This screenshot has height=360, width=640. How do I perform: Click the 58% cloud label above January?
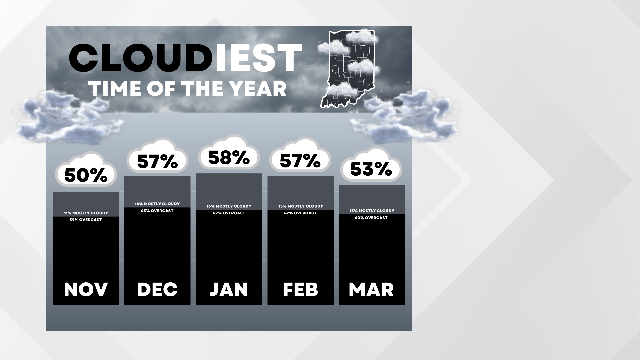coord(229,158)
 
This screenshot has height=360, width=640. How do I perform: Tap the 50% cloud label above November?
coord(86,175)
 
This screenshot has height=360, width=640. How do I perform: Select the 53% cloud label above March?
coord(371,169)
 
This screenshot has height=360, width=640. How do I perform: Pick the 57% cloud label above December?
coord(157,162)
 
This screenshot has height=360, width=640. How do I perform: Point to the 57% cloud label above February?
coord(300,161)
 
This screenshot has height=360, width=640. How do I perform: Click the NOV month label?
coord(86,289)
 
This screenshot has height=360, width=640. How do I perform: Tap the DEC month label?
coord(157,289)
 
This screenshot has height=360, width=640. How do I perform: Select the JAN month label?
coord(229,289)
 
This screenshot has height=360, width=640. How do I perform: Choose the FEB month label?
coord(300,289)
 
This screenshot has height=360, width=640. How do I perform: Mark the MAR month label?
coord(371,289)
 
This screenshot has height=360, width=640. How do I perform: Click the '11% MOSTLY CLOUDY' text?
coord(86,213)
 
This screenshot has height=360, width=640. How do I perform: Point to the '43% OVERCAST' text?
coord(157,211)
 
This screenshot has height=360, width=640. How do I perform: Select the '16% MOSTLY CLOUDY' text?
coord(229,206)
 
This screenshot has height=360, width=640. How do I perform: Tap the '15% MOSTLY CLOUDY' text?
coord(301,206)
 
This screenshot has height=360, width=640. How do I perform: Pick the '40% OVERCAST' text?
coord(371,218)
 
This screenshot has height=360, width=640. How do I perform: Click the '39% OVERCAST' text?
coord(86,220)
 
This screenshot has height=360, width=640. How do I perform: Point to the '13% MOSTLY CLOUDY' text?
coord(372,211)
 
